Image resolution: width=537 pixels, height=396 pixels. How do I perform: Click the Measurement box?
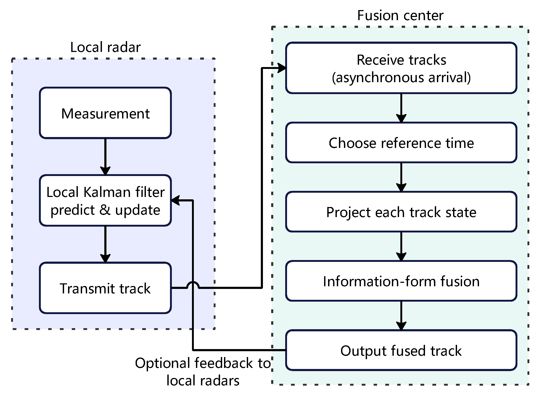click(105, 113)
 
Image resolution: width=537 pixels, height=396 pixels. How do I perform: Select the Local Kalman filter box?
click(105, 200)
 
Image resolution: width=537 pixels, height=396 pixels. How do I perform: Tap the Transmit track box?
click(105, 288)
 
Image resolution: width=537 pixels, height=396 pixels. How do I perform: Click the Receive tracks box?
click(401, 68)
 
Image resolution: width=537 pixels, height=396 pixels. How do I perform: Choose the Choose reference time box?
click(401, 143)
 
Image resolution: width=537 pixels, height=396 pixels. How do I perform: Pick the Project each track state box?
click(401, 212)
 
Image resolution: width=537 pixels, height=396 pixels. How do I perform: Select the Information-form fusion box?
click(401, 281)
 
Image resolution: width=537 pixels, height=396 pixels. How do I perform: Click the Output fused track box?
click(401, 350)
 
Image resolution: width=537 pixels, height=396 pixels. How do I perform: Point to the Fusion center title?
click(400, 15)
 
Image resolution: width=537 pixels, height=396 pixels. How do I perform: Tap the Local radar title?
click(105, 47)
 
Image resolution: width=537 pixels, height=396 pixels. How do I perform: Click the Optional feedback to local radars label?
click(203, 372)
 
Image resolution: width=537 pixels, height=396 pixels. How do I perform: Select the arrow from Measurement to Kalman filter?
click(105, 157)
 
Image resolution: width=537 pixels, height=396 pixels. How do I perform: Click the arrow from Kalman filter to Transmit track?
click(105, 244)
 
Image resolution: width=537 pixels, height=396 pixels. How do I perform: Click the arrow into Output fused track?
click(401, 316)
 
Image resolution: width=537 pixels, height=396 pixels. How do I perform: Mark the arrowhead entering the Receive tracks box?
click(281, 68)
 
